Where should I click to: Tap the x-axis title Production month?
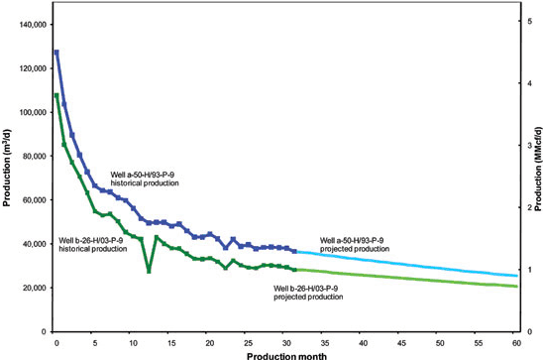(286, 353)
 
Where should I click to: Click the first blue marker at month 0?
(56, 52)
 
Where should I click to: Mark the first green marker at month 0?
(56, 95)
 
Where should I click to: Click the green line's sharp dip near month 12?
(149, 270)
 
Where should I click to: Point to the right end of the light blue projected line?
(516, 276)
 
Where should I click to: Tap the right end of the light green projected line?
(516, 287)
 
